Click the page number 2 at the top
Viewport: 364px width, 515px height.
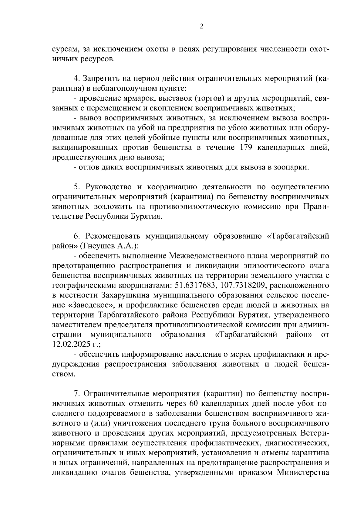(x=201, y=26)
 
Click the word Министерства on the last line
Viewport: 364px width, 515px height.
(x=303, y=473)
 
